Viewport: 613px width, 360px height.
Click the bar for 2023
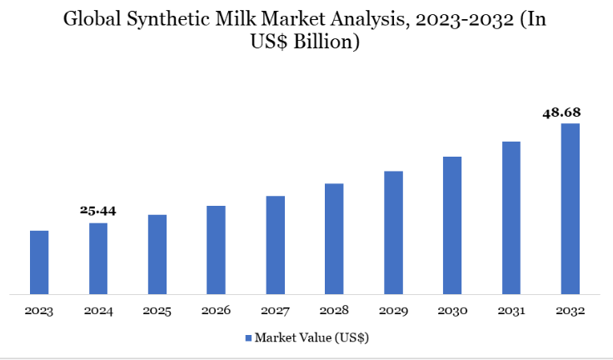click(x=39, y=262)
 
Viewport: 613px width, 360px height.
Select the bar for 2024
click(x=98, y=258)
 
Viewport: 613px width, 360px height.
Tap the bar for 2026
click(x=216, y=249)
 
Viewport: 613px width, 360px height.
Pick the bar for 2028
click(x=334, y=238)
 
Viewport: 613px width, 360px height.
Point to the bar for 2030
click(x=451, y=225)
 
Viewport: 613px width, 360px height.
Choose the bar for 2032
click(x=570, y=208)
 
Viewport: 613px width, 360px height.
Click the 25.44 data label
click(x=98, y=211)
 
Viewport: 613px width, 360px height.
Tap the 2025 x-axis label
click(x=157, y=311)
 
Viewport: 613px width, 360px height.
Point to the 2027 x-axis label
click(x=275, y=311)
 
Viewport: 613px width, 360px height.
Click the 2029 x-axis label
click(x=393, y=311)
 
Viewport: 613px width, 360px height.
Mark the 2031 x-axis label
click(x=511, y=311)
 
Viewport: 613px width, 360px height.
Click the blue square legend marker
click(x=247, y=338)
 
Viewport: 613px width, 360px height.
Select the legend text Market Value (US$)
click(x=311, y=338)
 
